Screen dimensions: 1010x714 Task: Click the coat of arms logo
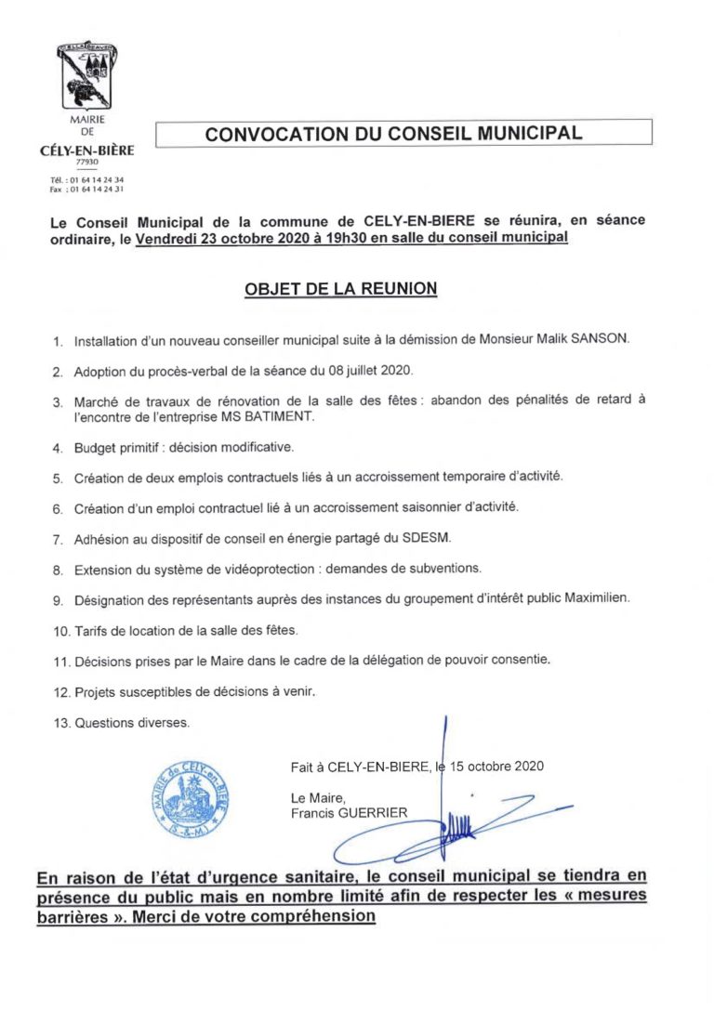coord(86,77)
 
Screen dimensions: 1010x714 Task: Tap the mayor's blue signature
coord(437,818)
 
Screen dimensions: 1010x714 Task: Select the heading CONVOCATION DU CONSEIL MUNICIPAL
coord(393,134)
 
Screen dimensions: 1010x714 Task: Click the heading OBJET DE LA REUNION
coord(340,289)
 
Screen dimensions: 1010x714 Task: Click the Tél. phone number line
coord(86,179)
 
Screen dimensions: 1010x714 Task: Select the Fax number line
coord(86,189)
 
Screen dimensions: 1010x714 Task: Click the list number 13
coord(60,722)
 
